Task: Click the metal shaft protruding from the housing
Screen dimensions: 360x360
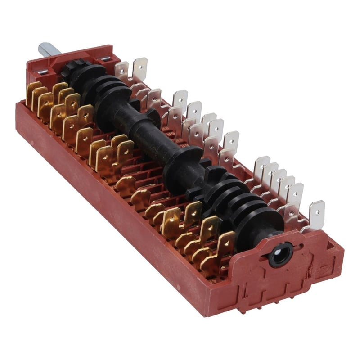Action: coord(46,48)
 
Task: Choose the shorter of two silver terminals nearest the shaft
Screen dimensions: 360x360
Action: coord(121,71)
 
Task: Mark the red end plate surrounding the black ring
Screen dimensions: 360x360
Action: coord(288,270)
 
